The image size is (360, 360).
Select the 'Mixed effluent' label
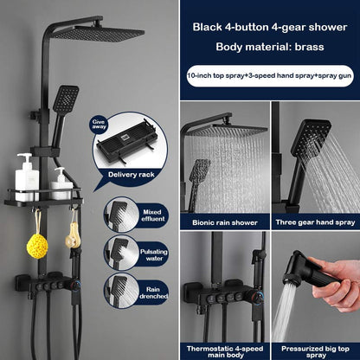point(153,215)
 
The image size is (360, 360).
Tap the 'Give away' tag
point(100,125)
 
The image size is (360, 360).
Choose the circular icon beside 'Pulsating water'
point(118,253)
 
